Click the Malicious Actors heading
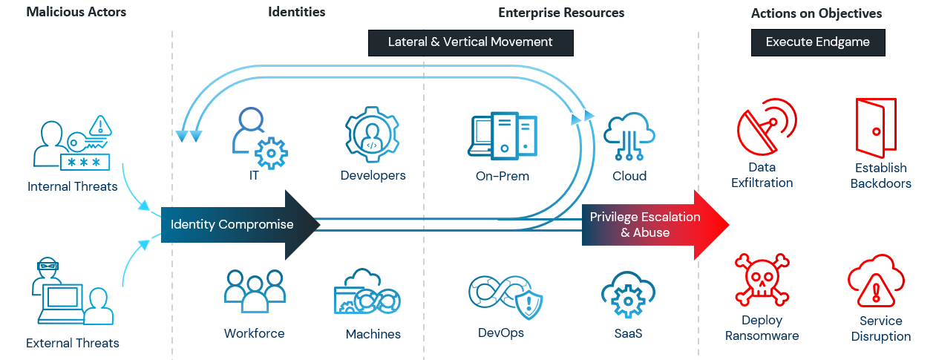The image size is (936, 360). (x=76, y=12)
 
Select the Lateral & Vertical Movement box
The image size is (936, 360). (x=470, y=42)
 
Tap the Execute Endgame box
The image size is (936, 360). (x=817, y=42)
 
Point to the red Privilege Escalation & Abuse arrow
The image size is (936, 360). (x=653, y=225)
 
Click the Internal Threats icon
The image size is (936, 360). (x=72, y=143)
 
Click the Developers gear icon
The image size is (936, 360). (x=373, y=135)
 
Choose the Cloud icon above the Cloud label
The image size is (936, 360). (x=629, y=135)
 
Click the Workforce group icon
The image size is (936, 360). (x=255, y=290)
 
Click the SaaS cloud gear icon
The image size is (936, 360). (x=628, y=295)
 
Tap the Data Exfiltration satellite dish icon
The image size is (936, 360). (x=765, y=126)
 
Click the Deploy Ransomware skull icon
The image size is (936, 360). (x=761, y=281)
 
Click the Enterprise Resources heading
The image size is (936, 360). (x=561, y=13)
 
